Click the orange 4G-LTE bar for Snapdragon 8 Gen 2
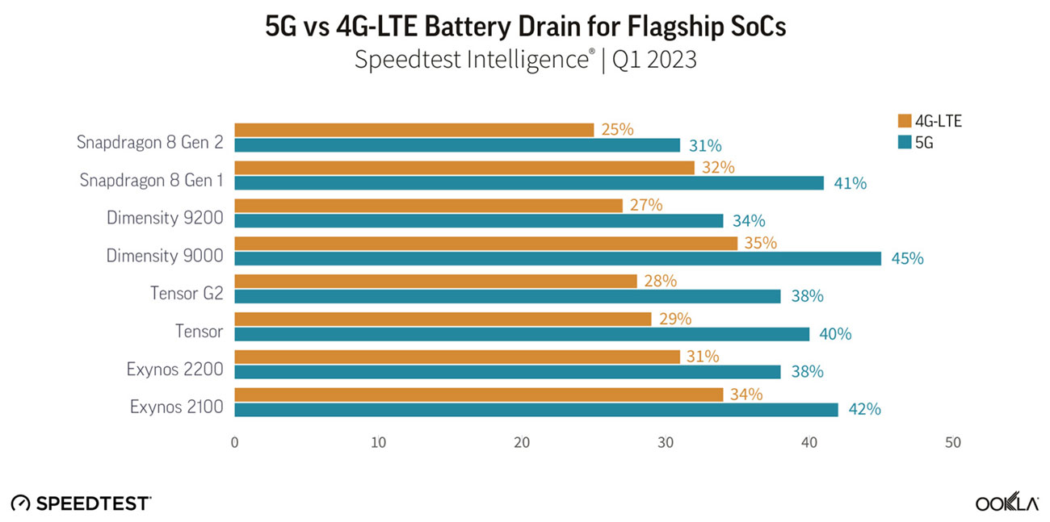[414, 130]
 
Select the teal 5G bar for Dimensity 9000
[557, 258]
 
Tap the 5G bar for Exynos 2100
[536, 409]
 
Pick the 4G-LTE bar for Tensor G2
[435, 281]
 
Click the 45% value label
[907, 259]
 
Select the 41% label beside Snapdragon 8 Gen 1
[850, 183]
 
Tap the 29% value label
[675, 319]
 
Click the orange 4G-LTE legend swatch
[904, 122]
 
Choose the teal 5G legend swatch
[904, 142]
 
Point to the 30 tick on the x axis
[666, 443]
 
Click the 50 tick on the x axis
[953, 443]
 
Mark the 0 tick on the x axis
[234, 443]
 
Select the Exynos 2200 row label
[174, 370]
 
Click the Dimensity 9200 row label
[165, 218]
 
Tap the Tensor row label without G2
[199, 332]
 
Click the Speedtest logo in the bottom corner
[81, 503]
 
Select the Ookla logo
[1006, 503]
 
